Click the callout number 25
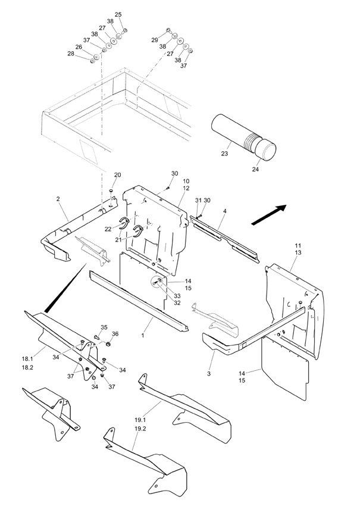pos(118,14)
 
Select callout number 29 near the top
pos(155,39)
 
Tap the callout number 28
pos(71,54)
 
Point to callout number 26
pos(79,47)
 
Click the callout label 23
pos(224,154)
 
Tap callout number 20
pos(117,175)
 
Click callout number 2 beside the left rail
pos(58,199)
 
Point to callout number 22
pos(108,229)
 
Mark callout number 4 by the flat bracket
pos(225,211)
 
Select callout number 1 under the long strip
pos(143,336)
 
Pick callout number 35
pos(104,327)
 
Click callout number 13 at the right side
pos(298,253)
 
